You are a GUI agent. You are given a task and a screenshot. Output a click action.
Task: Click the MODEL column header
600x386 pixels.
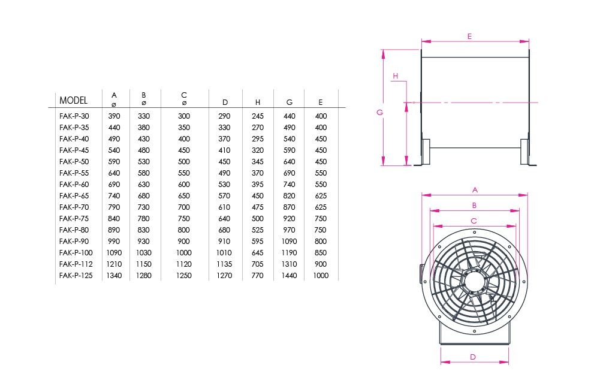[74, 100]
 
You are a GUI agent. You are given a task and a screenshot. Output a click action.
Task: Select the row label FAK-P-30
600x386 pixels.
[74, 116]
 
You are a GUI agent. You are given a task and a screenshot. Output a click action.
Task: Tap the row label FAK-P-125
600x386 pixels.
[76, 276]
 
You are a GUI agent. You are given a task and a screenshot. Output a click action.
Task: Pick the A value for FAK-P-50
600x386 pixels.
[114, 161]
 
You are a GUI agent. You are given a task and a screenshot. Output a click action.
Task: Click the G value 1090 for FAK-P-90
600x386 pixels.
[290, 242]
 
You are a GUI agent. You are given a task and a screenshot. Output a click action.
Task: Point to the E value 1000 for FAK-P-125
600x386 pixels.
[321, 276]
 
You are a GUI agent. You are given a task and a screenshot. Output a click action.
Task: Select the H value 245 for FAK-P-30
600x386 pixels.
[258, 116]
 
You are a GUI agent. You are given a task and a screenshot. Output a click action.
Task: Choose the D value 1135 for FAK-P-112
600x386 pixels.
[224, 264]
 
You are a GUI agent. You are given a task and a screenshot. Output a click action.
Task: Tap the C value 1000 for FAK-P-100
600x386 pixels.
[183, 253]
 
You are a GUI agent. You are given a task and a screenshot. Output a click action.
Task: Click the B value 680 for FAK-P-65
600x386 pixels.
[144, 196]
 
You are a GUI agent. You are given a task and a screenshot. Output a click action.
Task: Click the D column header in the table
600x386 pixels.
[225, 102]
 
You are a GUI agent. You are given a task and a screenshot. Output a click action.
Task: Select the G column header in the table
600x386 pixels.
[290, 102]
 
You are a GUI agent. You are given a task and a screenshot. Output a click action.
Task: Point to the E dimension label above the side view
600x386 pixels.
[469, 37]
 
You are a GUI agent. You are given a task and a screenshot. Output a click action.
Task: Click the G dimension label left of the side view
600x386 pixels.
[379, 113]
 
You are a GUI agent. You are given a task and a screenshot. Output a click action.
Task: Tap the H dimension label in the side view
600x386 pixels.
[395, 76]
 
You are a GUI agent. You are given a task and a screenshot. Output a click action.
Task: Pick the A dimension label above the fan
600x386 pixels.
[475, 190]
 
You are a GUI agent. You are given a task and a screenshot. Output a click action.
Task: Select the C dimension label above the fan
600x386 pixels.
[474, 221]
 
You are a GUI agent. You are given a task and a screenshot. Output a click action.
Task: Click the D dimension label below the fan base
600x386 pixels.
[473, 357]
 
